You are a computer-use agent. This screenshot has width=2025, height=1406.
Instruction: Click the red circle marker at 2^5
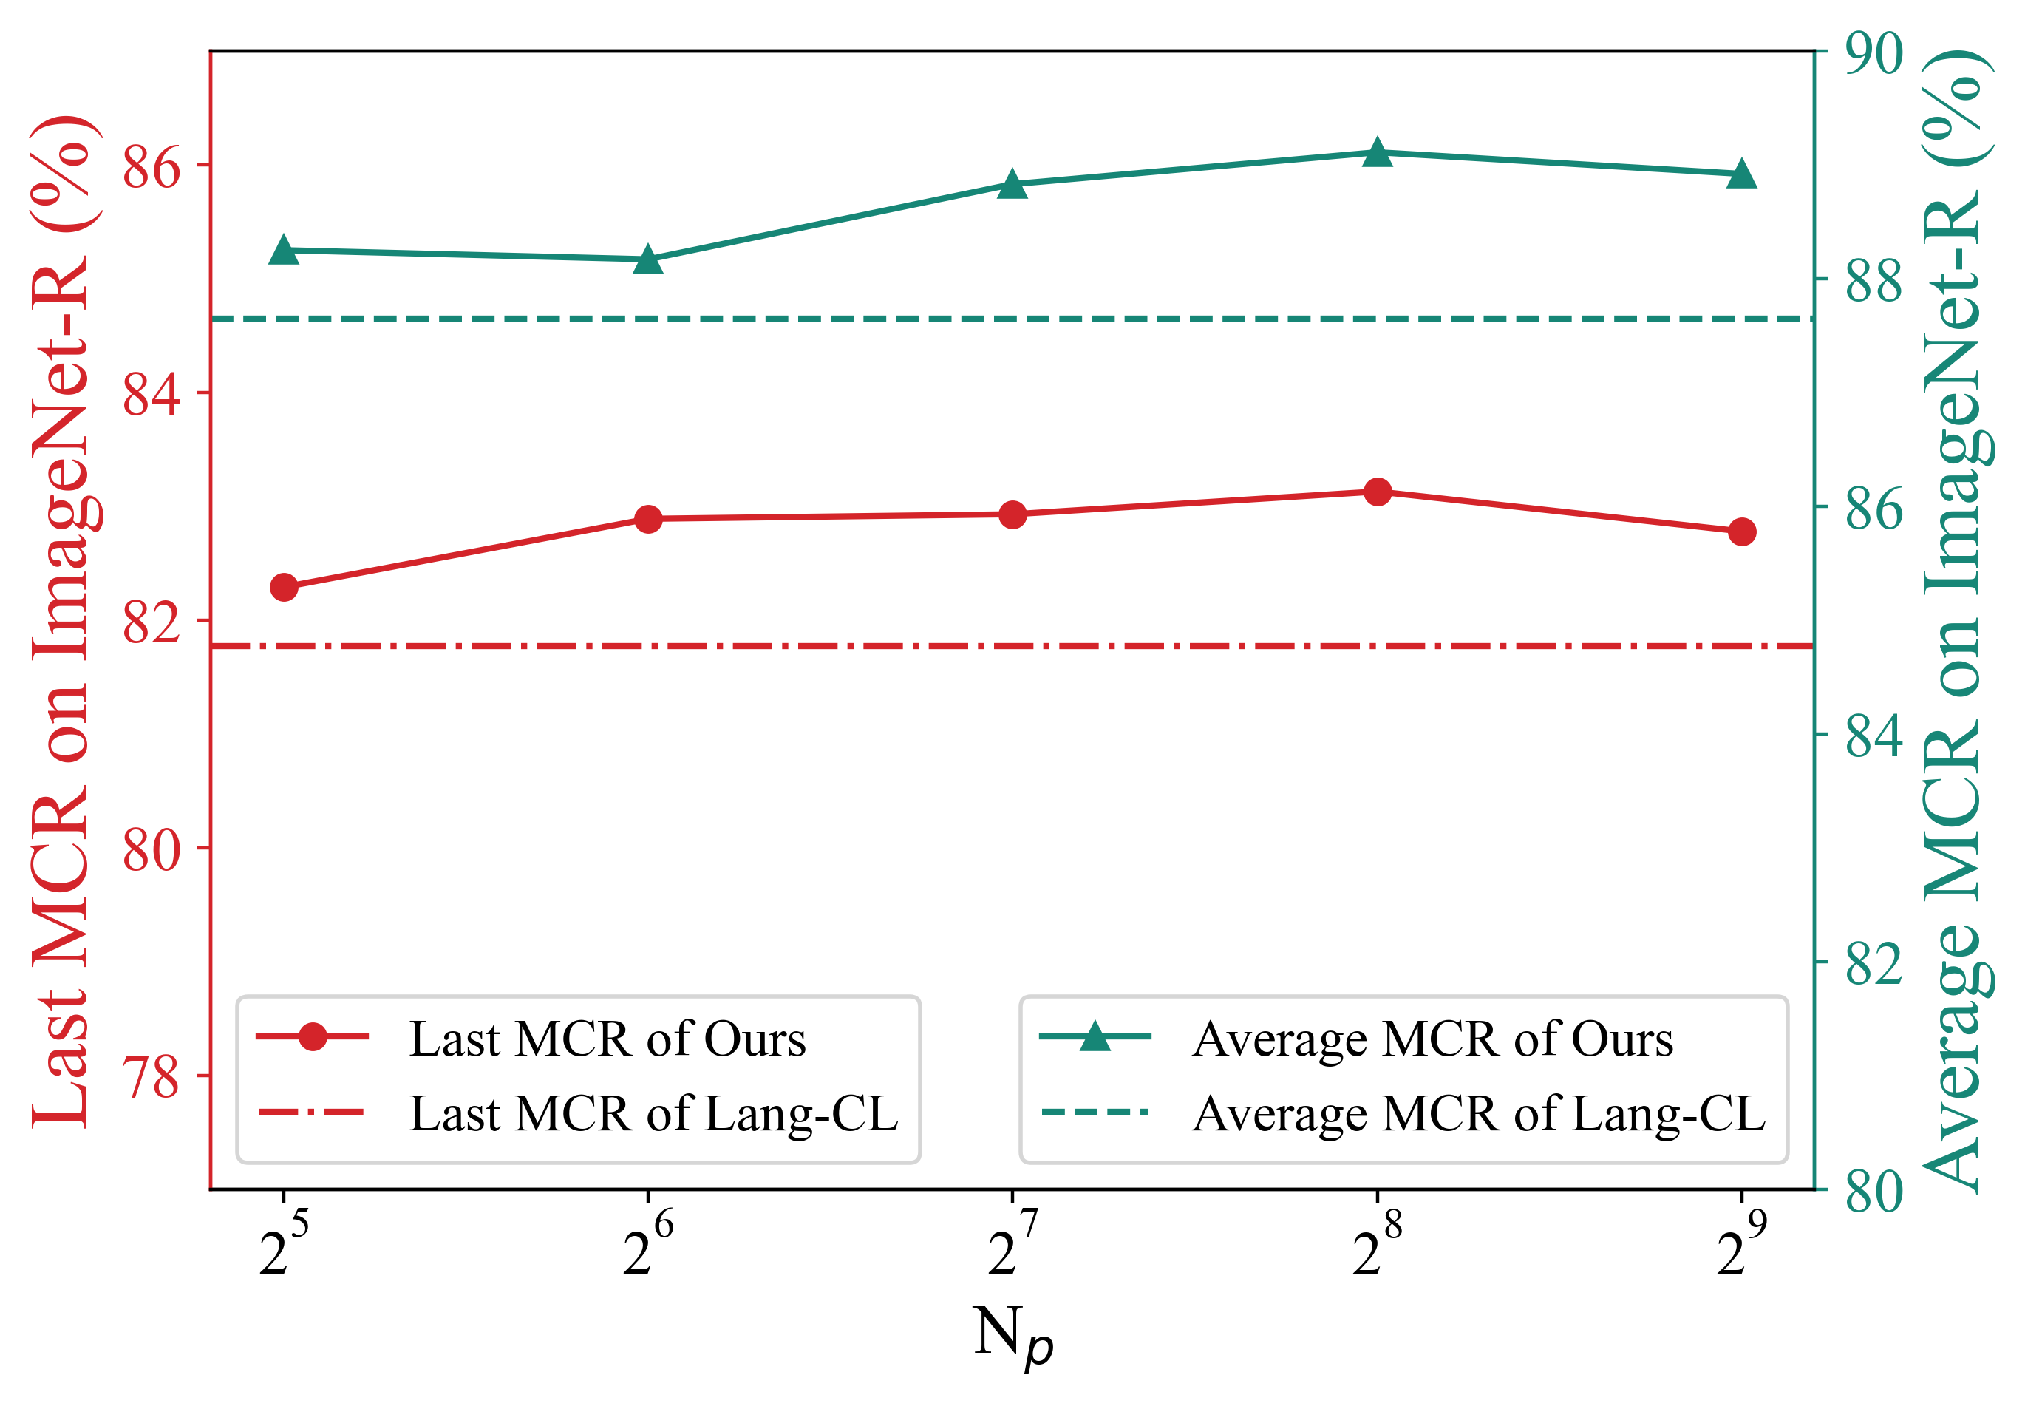tap(284, 587)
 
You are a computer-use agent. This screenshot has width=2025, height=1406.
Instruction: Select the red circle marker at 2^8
tap(1378, 492)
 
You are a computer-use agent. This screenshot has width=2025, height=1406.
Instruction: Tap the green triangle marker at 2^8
tap(1378, 153)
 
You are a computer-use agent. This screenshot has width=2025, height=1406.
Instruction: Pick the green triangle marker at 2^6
tap(648, 261)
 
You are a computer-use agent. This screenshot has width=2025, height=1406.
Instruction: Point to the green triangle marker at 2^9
tap(1741, 174)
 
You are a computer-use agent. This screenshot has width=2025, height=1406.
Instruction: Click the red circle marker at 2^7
tap(1013, 514)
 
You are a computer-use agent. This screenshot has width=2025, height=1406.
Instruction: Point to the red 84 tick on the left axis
tap(152, 394)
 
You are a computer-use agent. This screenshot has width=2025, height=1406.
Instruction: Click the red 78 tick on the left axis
tap(152, 1076)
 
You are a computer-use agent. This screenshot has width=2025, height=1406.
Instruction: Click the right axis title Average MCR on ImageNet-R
tap(1957, 621)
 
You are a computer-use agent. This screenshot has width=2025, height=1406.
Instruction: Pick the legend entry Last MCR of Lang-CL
tap(653, 1113)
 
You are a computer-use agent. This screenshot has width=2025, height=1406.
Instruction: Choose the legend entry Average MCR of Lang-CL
tap(1478, 1113)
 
